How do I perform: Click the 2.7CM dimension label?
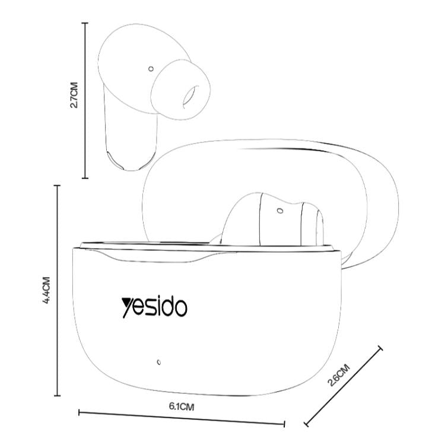[x=74, y=95]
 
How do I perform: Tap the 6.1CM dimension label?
[x=182, y=406]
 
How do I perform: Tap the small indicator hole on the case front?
[x=158, y=361]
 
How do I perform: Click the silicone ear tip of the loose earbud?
[x=179, y=89]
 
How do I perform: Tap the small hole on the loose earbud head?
[x=151, y=69]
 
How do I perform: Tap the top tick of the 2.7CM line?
[x=85, y=23]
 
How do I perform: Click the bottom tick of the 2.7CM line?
[x=85, y=177]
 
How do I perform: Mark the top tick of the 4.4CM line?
[x=58, y=186]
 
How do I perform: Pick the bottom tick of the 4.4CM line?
[x=58, y=395]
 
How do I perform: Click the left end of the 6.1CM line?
[x=79, y=411]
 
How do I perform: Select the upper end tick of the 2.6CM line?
[x=380, y=348]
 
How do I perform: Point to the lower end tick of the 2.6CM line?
[x=307, y=424]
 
